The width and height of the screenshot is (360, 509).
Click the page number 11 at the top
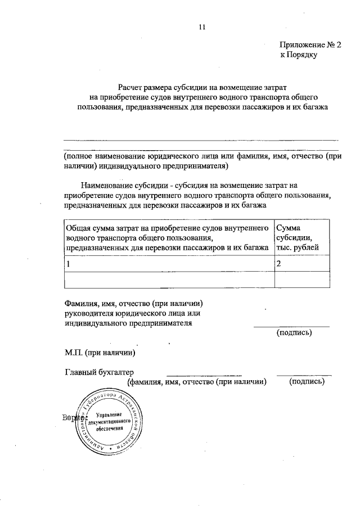click(202, 26)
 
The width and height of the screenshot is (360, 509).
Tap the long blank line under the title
click(201, 139)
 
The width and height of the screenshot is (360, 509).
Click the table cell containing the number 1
click(168, 263)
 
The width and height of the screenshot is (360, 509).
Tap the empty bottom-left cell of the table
click(168, 280)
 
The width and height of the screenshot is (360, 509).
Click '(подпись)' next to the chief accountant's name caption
click(307, 381)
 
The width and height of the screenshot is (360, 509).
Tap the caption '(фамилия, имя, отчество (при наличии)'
click(196, 381)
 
